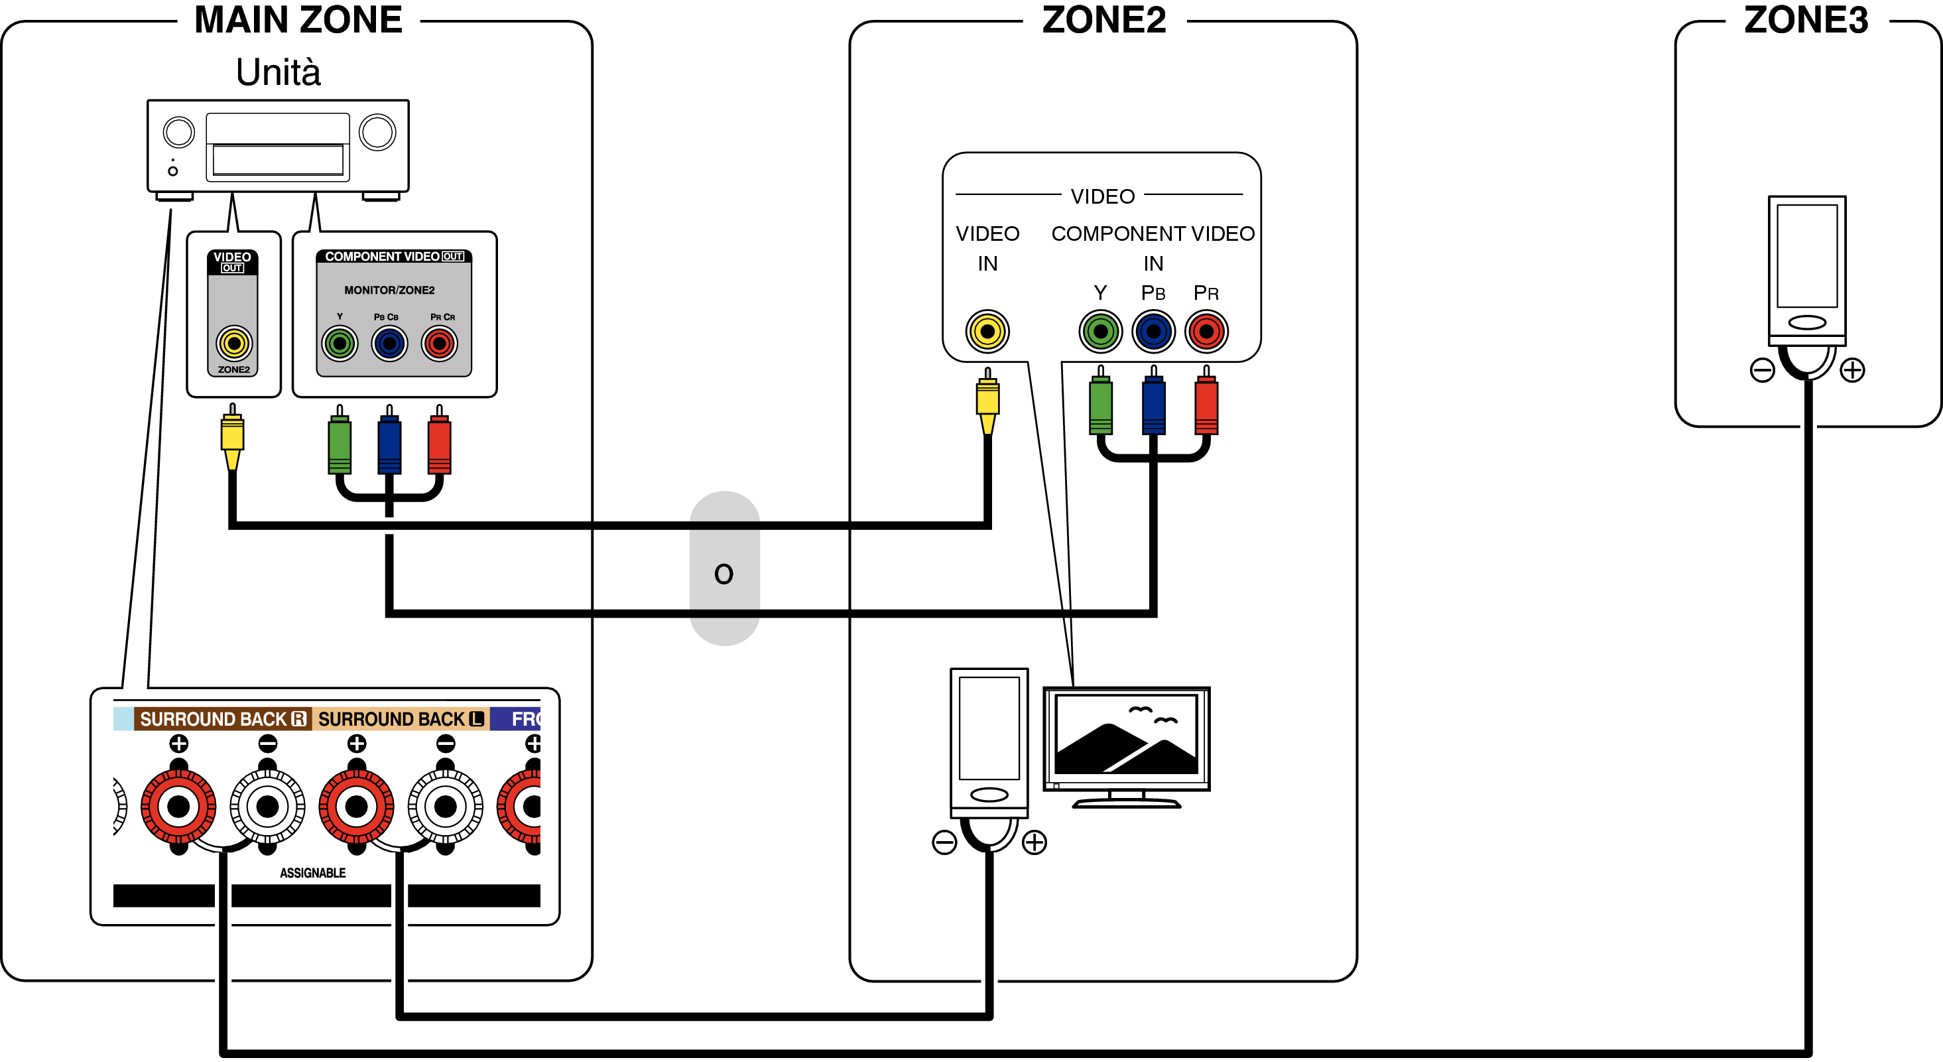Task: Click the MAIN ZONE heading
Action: pyautogui.click(x=298, y=20)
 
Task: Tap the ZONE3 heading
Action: pyautogui.click(x=1806, y=20)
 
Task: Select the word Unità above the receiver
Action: pyautogui.click(x=279, y=72)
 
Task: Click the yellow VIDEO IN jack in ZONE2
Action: pyautogui.click(x=987, y=331)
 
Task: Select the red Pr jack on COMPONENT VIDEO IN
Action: pyautogui.click(x=1206, y=331)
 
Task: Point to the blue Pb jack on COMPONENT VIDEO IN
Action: pyautogui.click(x=1153, y=331)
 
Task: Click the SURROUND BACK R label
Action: pyautogui.click(x=223, y=719)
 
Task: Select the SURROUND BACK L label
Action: pyautogui.click(x=401, y=719)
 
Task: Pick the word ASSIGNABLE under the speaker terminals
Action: pyautogui.click(x=312, y=873)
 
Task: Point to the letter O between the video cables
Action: pyautogui.click(x=723, y=574)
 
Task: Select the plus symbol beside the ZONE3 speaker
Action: pyautogui.click(x=1853, y=370)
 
